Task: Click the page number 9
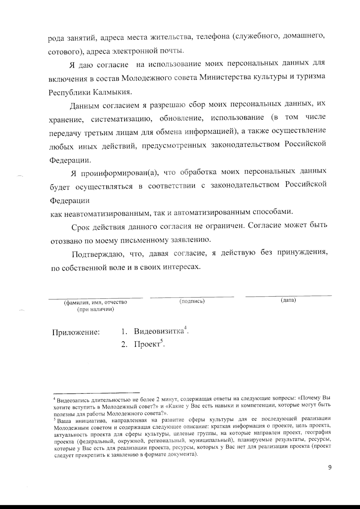click(x=330, y=468)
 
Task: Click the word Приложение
click(x=76, y=333)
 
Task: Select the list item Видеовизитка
click(x=159, y=332)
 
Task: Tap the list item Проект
click(x=147, y=344)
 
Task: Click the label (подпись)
click(x=192, y=301)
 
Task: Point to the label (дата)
click(x=288, y=300)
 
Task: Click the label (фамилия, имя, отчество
click(x=95, y=302)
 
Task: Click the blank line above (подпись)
click(x=192, y=297)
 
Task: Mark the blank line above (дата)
click(x=289, y=296)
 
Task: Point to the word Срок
click(x=81, y=227)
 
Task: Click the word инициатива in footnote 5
click(x=86, y=420)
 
